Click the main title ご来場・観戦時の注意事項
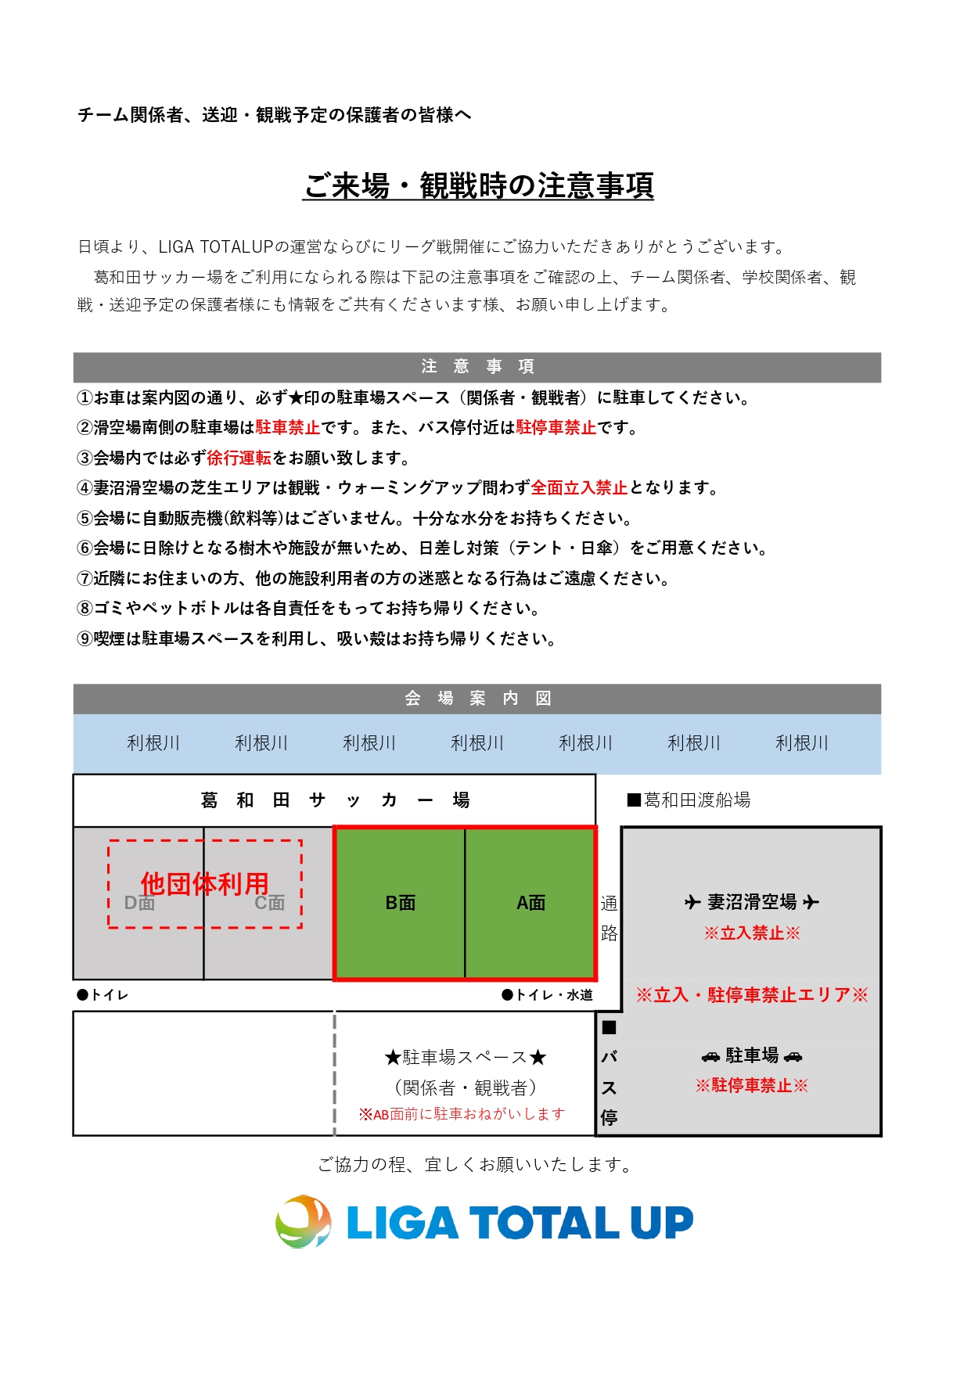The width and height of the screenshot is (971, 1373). point(478,186)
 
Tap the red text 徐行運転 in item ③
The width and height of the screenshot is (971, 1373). point(239,458)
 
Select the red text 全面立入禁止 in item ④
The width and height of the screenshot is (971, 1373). point(579,488)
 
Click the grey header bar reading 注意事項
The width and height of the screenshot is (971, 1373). point(477,367)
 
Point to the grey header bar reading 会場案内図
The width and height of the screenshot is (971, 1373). point(477,699)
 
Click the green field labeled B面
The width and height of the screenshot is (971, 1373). point(400,903)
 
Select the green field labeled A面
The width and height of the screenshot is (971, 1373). point(530,903)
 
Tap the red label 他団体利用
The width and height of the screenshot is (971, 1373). point(204,884)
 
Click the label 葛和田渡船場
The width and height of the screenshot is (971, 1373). point(689,800)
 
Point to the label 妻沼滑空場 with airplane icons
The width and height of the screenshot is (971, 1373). point(752,902)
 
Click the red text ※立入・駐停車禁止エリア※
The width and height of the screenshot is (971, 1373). point(752,995)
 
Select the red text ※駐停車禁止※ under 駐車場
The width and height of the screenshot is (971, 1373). point(752,1086)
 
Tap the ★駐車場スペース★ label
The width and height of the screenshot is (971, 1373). point(465,1058)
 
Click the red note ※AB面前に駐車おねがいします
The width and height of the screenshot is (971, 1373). point(462,1114)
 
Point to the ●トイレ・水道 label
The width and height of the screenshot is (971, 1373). point(547,995)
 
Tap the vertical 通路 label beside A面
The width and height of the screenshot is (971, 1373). point(609,918)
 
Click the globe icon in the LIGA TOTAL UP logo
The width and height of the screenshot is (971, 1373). point(304,1221)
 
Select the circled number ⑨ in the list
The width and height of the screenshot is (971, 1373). point(85,639)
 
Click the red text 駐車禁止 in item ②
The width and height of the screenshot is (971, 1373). point(288,428)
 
